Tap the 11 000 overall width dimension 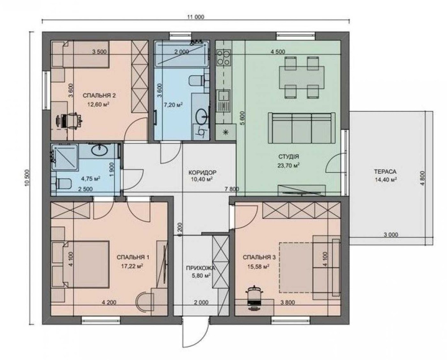[x=196, y=17]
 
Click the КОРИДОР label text [x=202, y=172]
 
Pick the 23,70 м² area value [x=288, y=165]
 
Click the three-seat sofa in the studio [x=302, y=128]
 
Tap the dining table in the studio [x=302, y=77]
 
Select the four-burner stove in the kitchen [x=223, y=57]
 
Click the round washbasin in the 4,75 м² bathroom [x=99, y=150]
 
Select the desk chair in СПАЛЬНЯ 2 [x=72, y=121]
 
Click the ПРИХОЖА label [x=200, y=268]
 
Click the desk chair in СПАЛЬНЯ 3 [x=255, y=296]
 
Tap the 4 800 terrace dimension [x=422, y=178]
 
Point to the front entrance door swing [x=194, y=335]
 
